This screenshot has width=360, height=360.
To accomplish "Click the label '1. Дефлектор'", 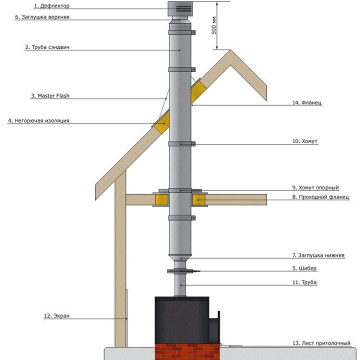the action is click(51, 6).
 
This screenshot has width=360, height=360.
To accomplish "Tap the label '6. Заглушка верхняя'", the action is click(42, 17).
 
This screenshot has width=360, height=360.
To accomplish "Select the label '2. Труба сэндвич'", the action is click(47, 47).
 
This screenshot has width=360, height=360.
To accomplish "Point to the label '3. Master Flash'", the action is click(50, 95).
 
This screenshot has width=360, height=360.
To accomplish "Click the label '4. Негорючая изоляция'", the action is click(39, 120).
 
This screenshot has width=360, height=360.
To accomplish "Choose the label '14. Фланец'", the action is click(307, 102).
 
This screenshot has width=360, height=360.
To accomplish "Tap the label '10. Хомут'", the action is click(305, 141).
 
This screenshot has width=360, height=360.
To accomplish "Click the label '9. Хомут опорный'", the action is click(315, 187).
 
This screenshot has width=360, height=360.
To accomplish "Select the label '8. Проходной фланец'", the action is click(320, 197).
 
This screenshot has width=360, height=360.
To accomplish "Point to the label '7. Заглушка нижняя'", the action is click(318, 255).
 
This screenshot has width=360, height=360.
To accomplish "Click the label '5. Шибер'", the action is click(304, 268).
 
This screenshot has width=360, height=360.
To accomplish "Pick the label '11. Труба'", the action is click(304, 282).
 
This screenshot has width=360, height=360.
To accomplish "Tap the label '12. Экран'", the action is click(56, 315).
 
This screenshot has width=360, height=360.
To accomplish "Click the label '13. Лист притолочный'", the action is click(321, 343).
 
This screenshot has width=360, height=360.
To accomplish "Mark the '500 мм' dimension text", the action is click(214, 25).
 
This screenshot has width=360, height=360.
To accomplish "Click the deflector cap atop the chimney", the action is click(180, 9).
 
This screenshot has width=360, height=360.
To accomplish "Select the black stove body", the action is click(182, 320).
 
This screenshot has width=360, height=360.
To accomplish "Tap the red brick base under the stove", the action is click(187, 351).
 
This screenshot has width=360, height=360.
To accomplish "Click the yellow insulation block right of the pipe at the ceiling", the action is click(199, 199).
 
